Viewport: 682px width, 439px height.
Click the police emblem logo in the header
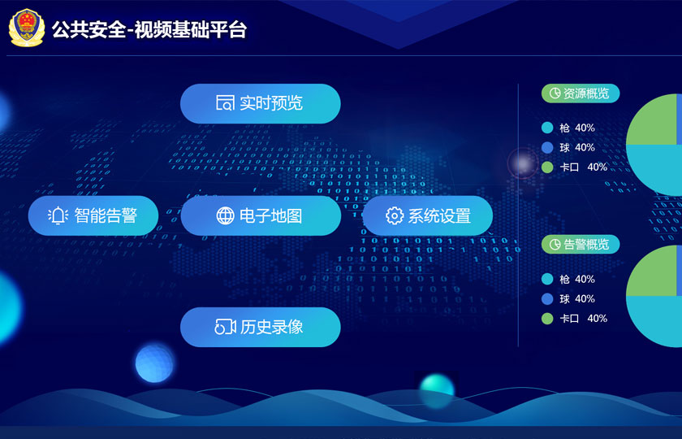point(27,28)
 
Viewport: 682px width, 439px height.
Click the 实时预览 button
point(260,104)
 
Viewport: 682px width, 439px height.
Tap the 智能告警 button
point(93,215)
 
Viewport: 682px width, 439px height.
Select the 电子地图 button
point(261,215)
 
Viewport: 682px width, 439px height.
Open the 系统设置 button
point(428,215)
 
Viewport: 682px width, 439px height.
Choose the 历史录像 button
point(260,327)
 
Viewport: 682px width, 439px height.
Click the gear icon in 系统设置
point(395,215)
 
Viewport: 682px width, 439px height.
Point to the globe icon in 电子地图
point(226,215)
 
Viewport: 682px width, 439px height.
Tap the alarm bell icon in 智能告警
point(58,215)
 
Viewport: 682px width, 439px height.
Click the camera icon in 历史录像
point(225,327)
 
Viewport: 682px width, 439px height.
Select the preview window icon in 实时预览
point(225,103)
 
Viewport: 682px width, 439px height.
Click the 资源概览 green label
point(581,93)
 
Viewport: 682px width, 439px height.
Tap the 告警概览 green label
point(581,245)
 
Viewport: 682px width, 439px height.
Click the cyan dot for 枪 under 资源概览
point(547,128)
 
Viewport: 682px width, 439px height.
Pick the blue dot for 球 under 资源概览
point(547,148)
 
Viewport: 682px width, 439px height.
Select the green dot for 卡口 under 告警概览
point(547,319)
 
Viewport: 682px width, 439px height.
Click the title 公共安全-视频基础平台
point(149,29)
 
